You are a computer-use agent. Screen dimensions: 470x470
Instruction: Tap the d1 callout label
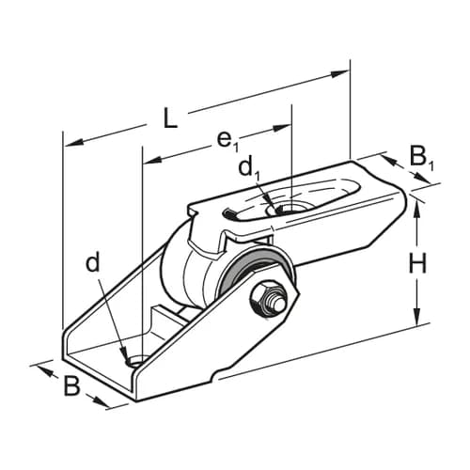click(x=248, y=168)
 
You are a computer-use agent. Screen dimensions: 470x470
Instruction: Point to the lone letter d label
click(x=92, y=263)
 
